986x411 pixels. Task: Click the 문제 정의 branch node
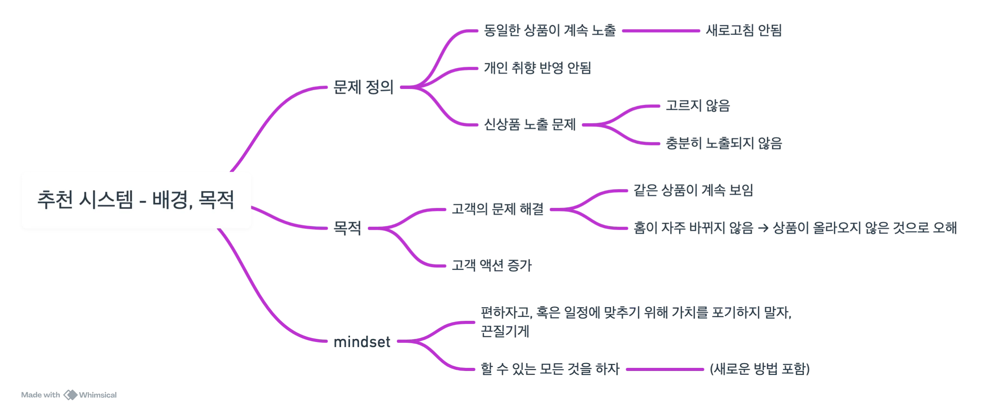[363, 87]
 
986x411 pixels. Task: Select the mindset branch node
[361, 342]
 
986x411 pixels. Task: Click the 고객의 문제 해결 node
[498, 209]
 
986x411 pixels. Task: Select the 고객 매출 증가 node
[492, 266]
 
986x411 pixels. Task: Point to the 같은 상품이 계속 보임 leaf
[693, 191]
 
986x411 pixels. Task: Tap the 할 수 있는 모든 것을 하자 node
[550, 369]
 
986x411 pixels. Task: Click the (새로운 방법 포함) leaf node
[760, 369]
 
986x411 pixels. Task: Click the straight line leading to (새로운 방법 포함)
[665, 369]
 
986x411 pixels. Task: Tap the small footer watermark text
[69, 394]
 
